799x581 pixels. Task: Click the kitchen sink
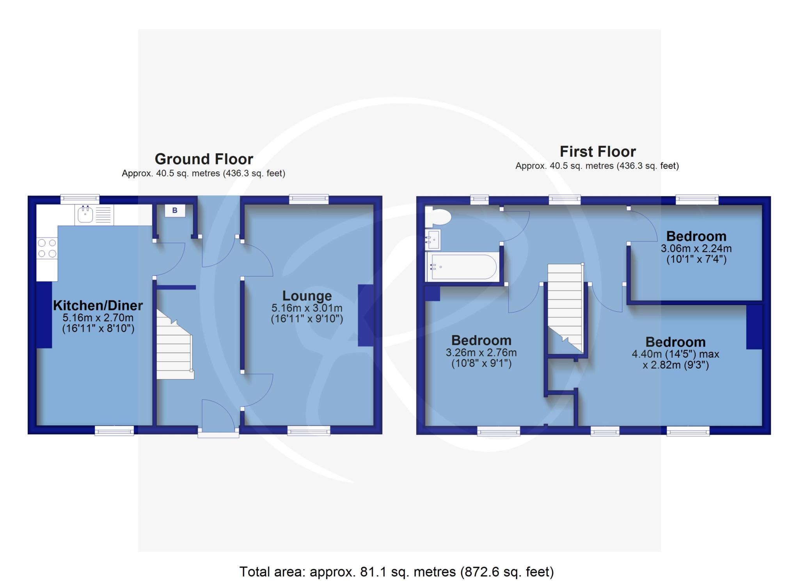[x=94, y=215]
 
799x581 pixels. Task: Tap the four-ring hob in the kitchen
[x=47, y=249]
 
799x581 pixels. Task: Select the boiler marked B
[x=175, y=211]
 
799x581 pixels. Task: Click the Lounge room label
[x=307, y=296]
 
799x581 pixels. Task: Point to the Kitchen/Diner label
[x=98, y=305]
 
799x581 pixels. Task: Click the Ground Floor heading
[x=204, y=159]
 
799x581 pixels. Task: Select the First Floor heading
[x=598, y=151]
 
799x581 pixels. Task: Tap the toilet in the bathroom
[x=438, y=217]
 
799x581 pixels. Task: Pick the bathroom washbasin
[x=433, y=239]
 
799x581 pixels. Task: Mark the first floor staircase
[x=565, y=308]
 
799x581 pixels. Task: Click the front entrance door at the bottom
[x=218, y=415]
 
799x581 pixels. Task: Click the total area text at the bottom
[x=396, y=572]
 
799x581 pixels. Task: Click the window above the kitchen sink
[x=80, y=199]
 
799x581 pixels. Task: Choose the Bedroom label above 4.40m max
[x=675, y=342]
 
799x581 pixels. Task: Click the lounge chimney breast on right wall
[x=366, y=315]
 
